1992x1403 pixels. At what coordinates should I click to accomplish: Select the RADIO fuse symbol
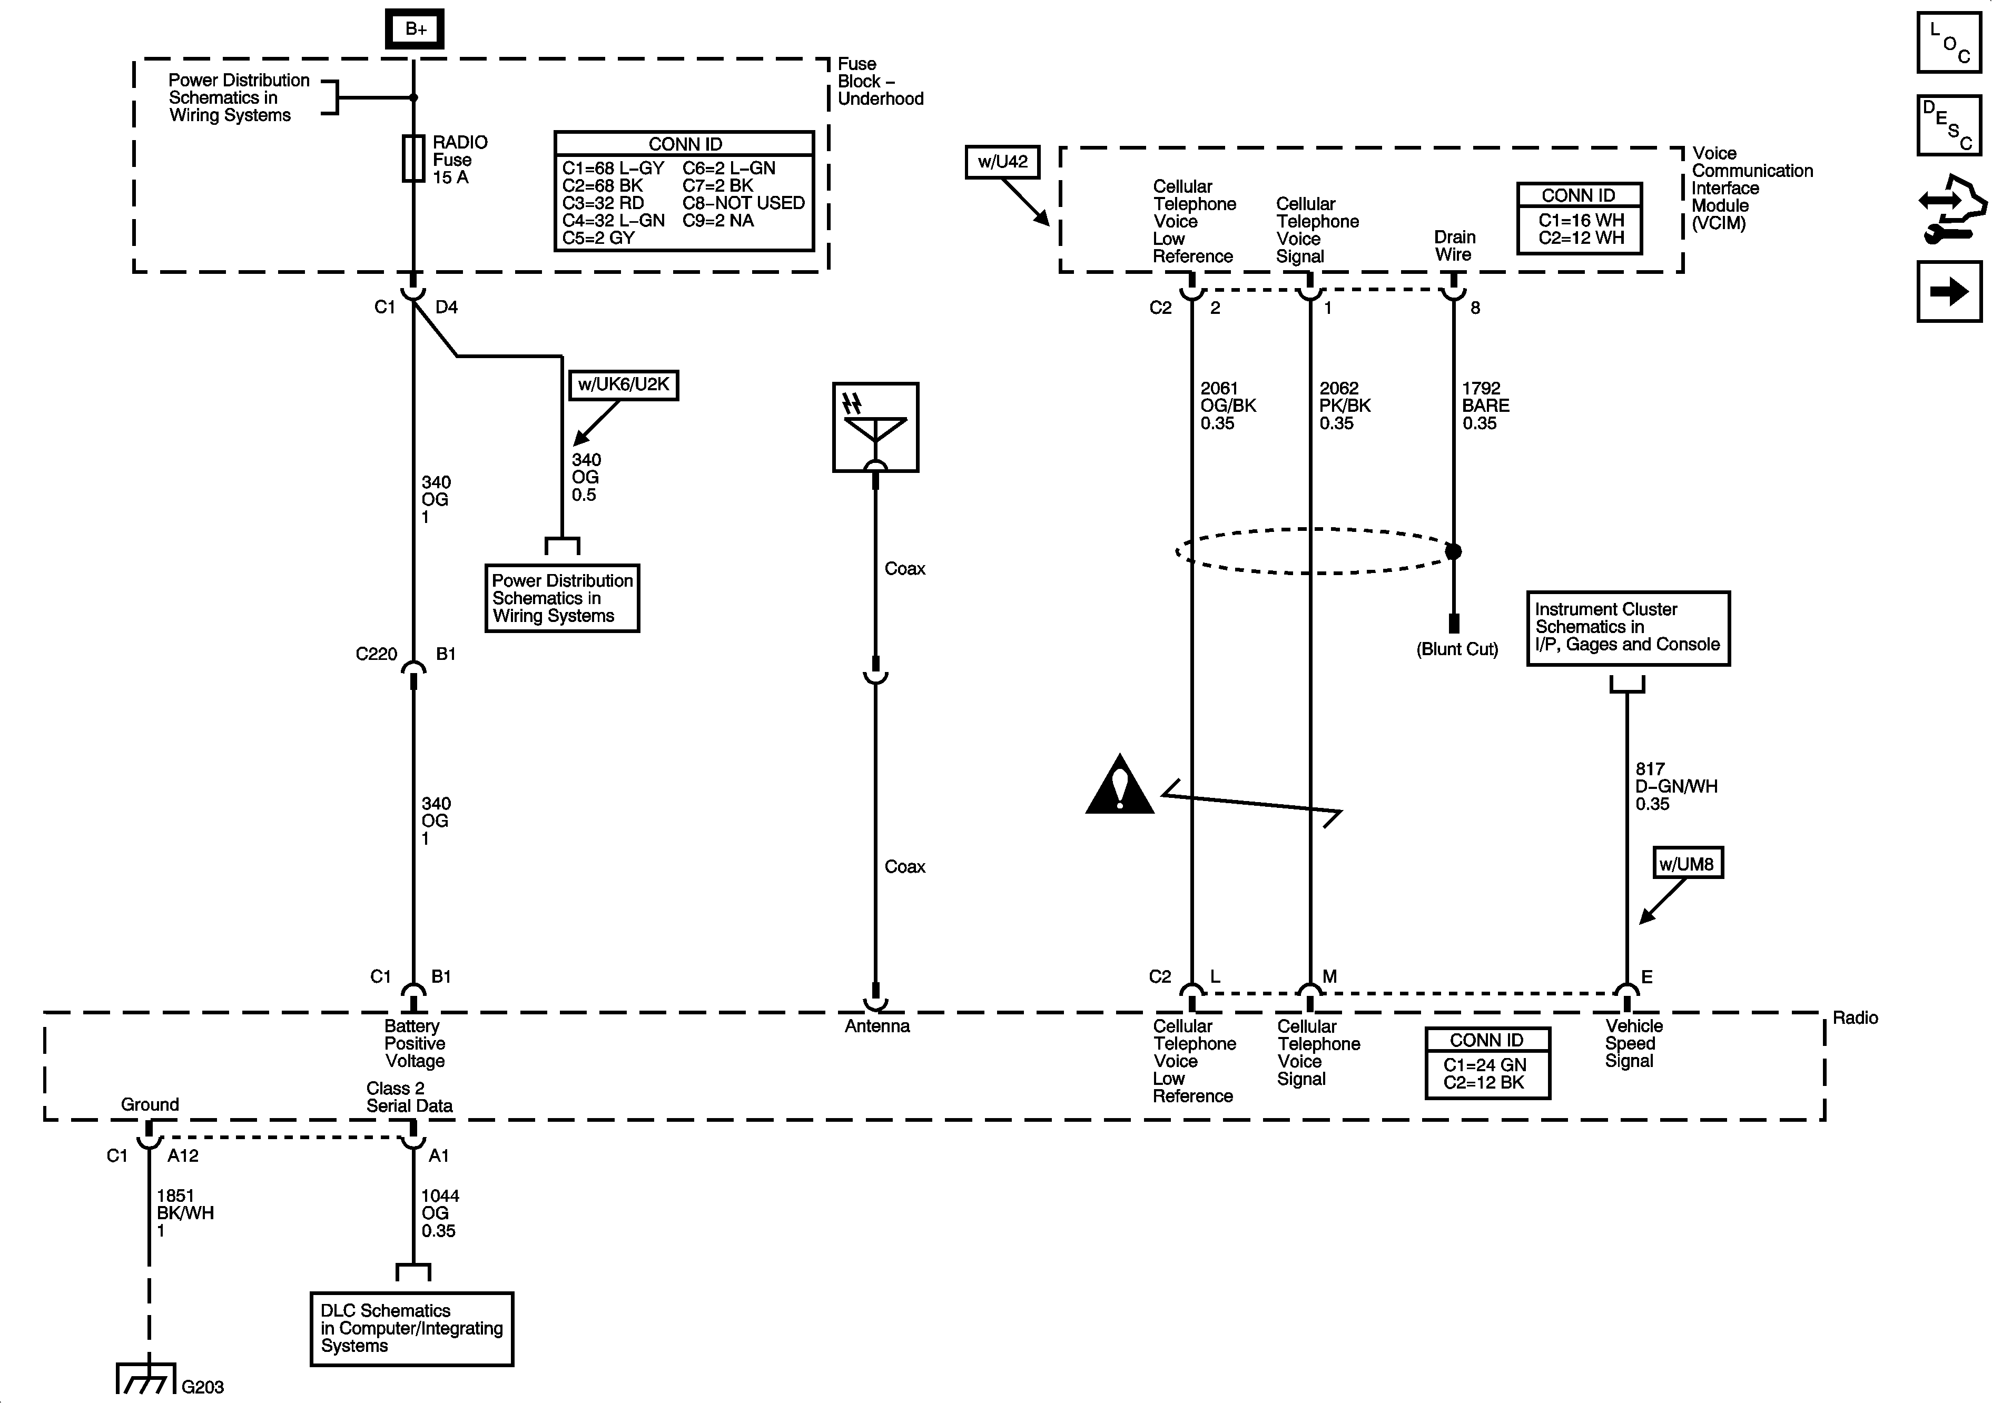pos(413,159)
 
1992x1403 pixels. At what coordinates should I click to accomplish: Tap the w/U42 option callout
pos(1002,161)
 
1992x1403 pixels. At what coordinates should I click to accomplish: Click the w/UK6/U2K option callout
pos(623,384)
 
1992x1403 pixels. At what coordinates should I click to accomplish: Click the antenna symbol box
pos(875,427)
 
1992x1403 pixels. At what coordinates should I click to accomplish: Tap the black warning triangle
pos(1119,785)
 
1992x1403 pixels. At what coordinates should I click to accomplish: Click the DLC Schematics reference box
pos(411,1328)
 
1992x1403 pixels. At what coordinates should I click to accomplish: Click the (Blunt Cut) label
pos(1457,649)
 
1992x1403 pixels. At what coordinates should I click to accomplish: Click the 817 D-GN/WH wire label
pos(1675,786)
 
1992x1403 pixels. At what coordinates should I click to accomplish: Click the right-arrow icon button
pos(1949,292)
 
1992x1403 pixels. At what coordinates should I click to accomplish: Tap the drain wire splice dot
pos(1453,551)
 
